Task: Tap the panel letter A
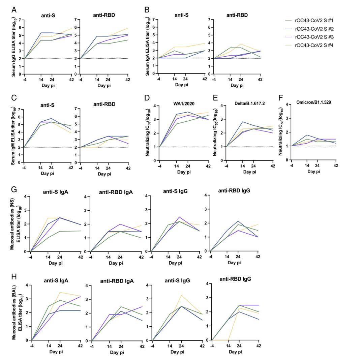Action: [x=14, y=9]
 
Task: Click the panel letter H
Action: [x=14, y=277]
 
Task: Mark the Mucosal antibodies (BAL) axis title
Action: [x=16, y=312]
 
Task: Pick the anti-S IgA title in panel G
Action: [x=57, y=192]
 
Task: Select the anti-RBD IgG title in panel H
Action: [x=235, y=279]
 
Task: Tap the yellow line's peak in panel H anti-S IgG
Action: [x=182, y=295]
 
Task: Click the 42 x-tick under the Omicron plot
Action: [x=335, y=165]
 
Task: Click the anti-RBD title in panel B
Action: [x=237, y=15]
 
